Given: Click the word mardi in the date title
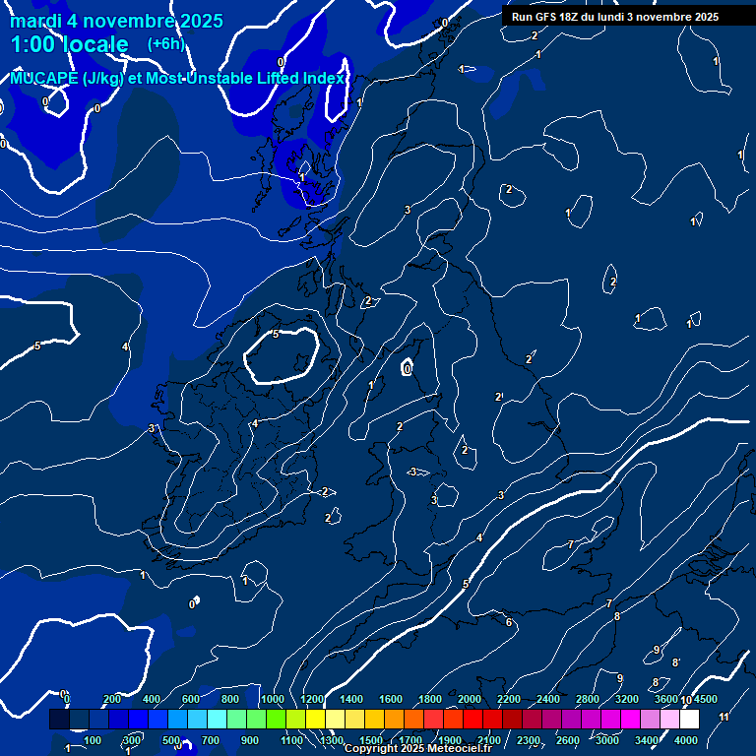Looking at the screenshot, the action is coord(34,21).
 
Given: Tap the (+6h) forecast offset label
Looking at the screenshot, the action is coord(165,43).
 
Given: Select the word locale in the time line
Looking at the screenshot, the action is coord(94,44).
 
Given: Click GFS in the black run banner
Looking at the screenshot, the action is coord(546,17).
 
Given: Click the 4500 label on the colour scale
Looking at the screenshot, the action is coord(705,700).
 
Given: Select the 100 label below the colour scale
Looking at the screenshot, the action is coord(93,740).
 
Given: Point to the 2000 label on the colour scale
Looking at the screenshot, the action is coord(470,700).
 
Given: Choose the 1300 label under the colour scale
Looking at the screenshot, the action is coord(332,740).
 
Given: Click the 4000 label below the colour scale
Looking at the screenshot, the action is coord(686,740).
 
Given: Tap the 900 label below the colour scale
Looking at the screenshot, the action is coord(250,740).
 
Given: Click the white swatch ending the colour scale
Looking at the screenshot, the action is coord(689,720).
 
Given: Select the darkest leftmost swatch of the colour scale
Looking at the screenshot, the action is coord(59,720).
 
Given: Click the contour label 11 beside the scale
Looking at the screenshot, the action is coord(724,718).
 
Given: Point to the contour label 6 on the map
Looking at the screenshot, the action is coord(508,622).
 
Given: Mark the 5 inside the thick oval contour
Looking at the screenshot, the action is coord(276,335).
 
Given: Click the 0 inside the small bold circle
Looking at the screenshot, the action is coord(408,369).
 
